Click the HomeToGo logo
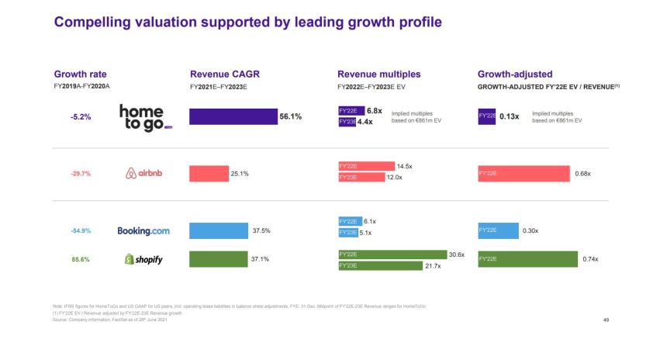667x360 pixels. [x=145, y=117]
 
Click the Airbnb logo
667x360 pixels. [x=145, y=173]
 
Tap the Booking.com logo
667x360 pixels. [x=143, y=230]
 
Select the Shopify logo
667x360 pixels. [x=143, y=259]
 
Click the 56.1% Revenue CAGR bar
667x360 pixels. [x=233, y=116]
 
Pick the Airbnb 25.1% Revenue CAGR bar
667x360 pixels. [x=209, y=173]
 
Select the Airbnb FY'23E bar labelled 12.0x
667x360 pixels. [x=361, y=178]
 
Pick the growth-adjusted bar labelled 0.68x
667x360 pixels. [x=524, y=173]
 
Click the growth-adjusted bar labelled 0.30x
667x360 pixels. [x=498, y=230]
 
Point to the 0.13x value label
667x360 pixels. [x=509, y=116]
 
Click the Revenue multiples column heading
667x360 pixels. [x=379, y=74]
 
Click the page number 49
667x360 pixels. [x=606, y=320]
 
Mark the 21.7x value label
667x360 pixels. [x=433, y=266]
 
